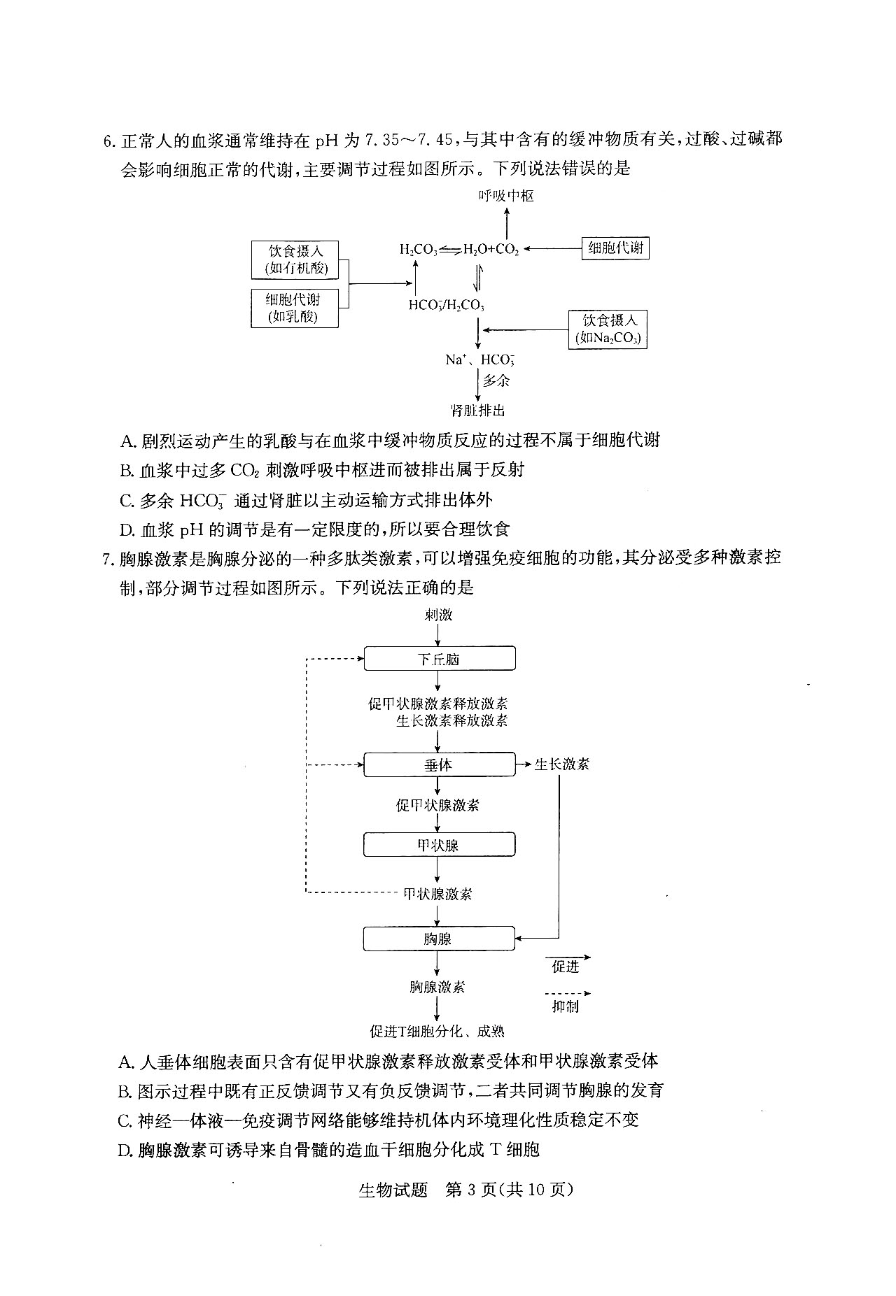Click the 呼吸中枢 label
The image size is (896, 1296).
tap(506, 197)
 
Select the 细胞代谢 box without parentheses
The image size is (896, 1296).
tap(615, 248)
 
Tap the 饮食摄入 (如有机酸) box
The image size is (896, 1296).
tap(295, 259)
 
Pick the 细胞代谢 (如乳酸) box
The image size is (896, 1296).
tap(295, 308)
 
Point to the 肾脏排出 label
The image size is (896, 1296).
tap(478, 411)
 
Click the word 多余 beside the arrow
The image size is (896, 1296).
tap(496, 380)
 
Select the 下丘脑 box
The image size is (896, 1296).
tap(440, 659)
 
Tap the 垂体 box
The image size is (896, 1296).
tap(440, 764)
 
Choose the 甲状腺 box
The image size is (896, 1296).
tap(440, 845)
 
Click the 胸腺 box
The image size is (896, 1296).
tap(440, 939)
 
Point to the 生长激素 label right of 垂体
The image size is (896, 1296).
tap(562, 764)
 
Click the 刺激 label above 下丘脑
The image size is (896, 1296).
tap(439, 615)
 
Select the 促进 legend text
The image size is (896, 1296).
tap(566, 967)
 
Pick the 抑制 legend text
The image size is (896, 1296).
tap(566, 1006)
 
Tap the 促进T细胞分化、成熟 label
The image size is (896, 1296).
tap(437, 1031)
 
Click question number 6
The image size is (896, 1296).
tap(108, 140)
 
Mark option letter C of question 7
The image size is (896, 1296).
tap(125, 1120)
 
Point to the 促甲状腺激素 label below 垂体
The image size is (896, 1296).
tap(437, 805)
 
